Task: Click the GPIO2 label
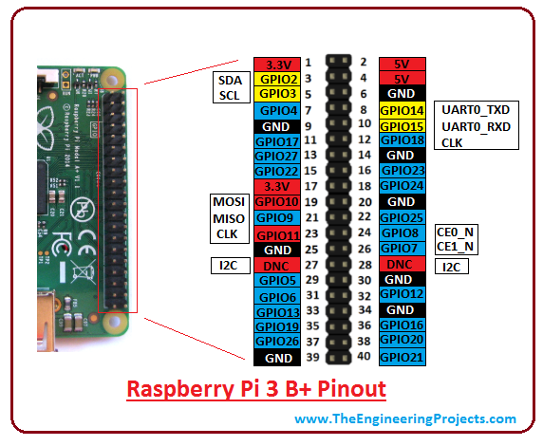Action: point(276,79)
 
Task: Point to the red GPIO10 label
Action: point(276,202)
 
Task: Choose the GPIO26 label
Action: point(276,342)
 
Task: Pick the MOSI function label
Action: point(228,202)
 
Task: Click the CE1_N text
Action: point(456,247)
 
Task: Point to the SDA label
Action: point(228,80)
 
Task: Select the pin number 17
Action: point(309,188)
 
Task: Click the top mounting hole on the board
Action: point(115,75)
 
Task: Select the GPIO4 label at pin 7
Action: point(276,110)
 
